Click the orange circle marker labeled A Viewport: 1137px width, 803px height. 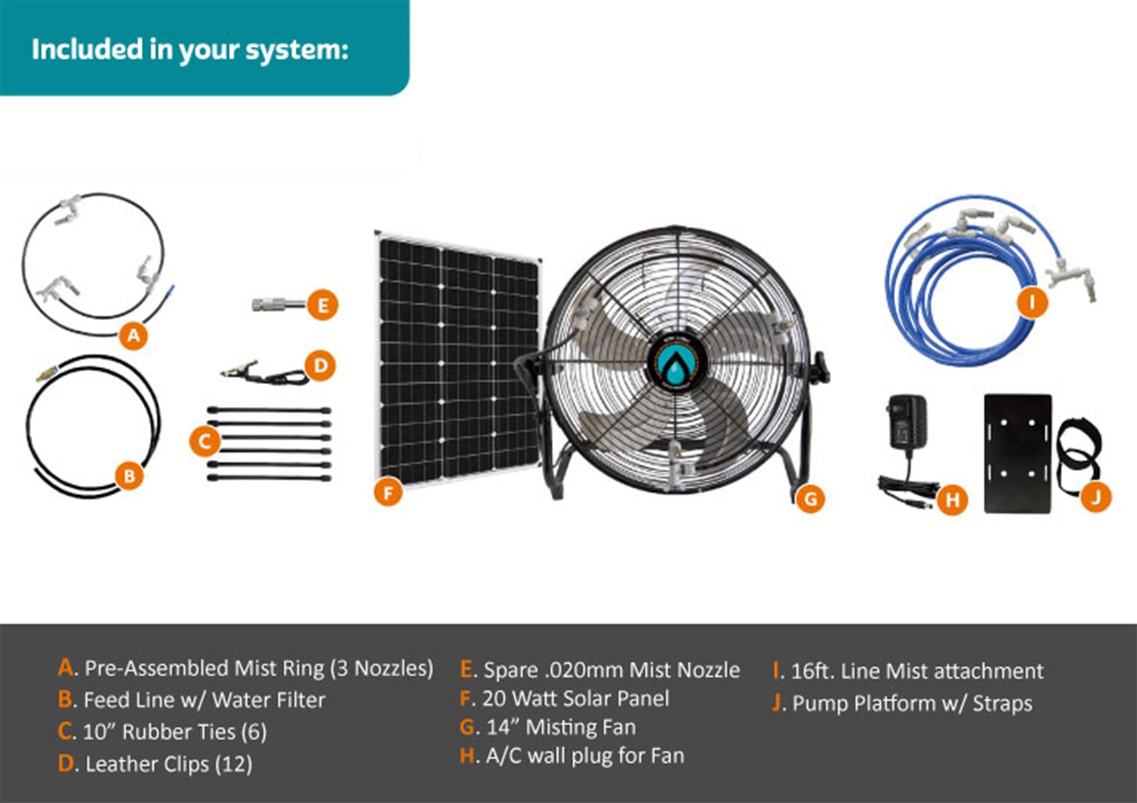(134, 335)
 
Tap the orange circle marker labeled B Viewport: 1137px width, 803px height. (130, 476)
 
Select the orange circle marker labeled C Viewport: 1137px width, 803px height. (205, 442)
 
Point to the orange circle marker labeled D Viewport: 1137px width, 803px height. (320, 365)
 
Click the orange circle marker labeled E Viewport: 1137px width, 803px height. (323, 305)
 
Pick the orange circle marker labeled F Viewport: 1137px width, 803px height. (389, 493)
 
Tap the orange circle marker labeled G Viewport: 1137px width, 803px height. (811, 499)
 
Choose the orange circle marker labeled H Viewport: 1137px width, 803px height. (952, 500)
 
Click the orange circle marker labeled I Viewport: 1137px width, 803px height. (1032, 302)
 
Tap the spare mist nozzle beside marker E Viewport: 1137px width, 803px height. (279, 305)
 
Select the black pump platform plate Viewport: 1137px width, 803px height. (1018, 453)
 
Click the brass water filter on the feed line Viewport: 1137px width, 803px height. (45, 374)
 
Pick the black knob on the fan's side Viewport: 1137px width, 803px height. (821, 367)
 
